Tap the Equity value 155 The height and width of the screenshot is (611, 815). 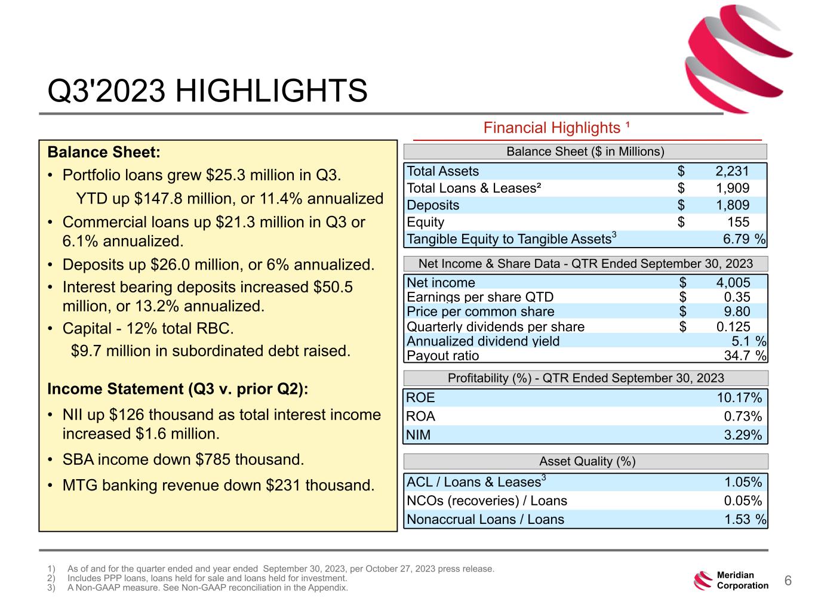(738, 222)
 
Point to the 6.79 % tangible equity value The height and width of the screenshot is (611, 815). (744, 239)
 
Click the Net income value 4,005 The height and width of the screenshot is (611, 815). (733, 283)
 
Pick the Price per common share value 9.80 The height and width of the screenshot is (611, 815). (737, 311)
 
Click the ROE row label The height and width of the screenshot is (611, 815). (420, 398)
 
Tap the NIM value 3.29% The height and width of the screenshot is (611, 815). (743, 435)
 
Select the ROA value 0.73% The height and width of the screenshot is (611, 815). (743, 416)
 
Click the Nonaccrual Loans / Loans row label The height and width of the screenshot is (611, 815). (485, 520)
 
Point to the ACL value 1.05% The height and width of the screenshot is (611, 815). (743, 482)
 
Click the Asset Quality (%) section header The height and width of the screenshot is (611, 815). (586, 461)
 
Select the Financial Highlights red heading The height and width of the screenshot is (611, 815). (556, 128)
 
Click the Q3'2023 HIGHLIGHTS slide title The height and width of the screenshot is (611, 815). (207, 91)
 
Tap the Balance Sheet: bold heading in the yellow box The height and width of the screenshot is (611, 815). (104, 152)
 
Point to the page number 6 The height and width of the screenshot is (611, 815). (788, 581)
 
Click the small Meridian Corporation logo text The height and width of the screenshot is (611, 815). (742, 581)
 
